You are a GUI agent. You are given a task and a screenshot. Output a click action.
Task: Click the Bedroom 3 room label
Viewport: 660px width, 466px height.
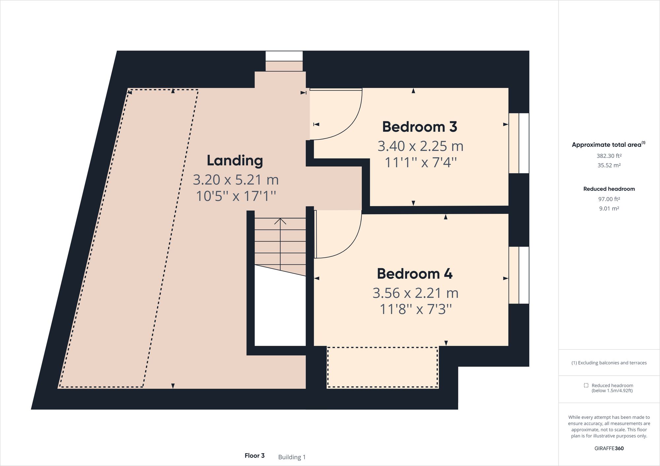pyautogui.click(x=419, y=127)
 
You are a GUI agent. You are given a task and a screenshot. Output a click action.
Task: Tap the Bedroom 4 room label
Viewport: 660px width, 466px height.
pyautogui.click(x=414, y=274)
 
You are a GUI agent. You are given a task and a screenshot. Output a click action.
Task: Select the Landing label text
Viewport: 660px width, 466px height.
pyautogui.click(x=235, y=160)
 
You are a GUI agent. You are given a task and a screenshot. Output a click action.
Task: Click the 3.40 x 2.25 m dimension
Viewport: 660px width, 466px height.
pyautogui.click(x=420, y=146)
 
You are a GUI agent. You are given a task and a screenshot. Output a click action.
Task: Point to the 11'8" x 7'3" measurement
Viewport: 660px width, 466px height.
pyautogui.click(x=415, y=309)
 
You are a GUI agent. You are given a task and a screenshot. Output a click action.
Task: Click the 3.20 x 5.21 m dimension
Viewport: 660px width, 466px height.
pyautogui.click(x=236, y=180)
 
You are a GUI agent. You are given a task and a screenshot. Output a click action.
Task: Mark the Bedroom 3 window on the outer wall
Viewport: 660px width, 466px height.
pyautogui.click(x=519, y=143)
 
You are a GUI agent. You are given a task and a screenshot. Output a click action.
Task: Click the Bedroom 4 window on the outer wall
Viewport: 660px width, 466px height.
pyautogui.click(x=519, y=275)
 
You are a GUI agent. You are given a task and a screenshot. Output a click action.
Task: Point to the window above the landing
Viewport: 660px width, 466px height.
pyautogui.click(x=284, y=56)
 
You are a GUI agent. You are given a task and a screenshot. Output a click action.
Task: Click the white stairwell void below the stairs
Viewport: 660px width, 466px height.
pyautogui.click(x=280, y=310)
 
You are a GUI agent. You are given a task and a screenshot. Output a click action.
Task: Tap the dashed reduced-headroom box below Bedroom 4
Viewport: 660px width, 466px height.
pyautogui.click(x=382, y=367)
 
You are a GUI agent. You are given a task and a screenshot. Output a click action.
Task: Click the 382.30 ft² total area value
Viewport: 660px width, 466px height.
pyautogui.click(x=609, y=156)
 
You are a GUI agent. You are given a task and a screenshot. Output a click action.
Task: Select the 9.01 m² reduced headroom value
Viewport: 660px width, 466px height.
pyautogui.click(x=609, y=209)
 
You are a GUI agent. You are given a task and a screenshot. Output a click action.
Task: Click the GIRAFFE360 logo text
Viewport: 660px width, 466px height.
pyautogui.click(x=609, y=449)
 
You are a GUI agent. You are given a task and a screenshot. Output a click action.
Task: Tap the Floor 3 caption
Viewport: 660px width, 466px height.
pyautogui.click(x=254, y=456)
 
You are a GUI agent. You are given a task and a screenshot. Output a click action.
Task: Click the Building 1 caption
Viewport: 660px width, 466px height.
pyautogui.click(x=292, y=457)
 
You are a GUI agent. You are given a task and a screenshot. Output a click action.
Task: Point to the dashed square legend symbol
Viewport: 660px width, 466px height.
pyautogui.click(x=586, y=385)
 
